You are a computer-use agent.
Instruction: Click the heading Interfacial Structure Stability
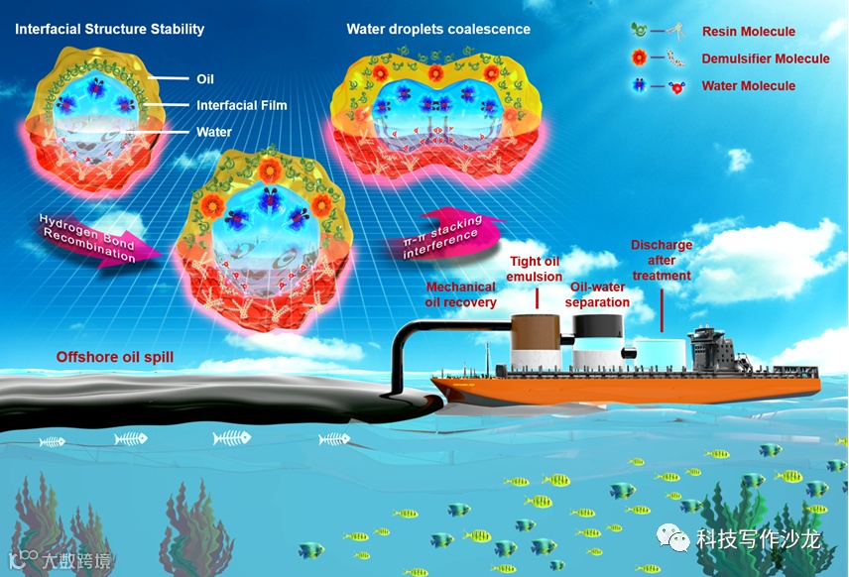pyautogui.click(x=109, y=29)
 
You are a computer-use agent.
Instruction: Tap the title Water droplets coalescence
pyautogui.click(x=438, y=29)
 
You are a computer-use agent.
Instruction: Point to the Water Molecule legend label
pyautogui.click(x=749, y=86)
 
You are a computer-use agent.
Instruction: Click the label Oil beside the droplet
pyautogui.click(x=205, y=79)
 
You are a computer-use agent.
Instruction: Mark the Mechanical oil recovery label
pyautogui.click(x=461, y=294)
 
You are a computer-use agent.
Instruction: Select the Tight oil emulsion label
pyautogui.click(x=536, y=269)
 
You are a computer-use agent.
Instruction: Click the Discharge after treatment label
pyautogui.click(x=662, y=261)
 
